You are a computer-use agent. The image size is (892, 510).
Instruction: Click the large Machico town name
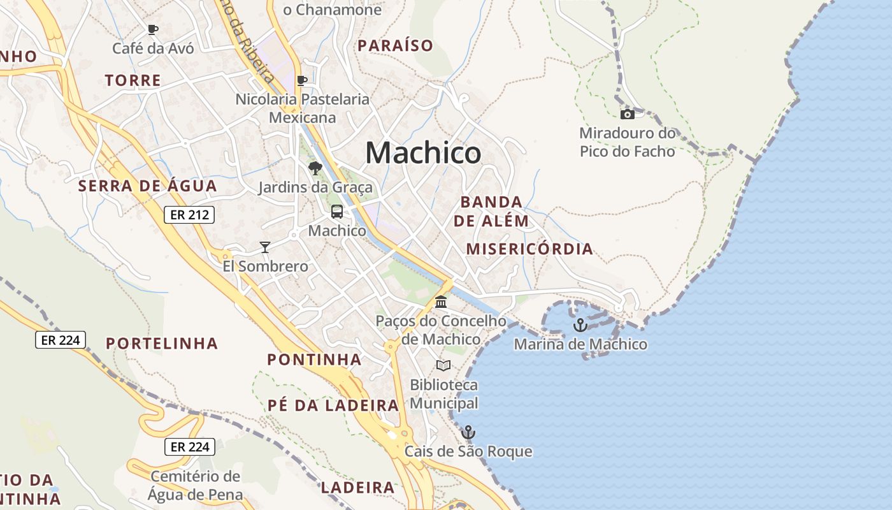click(x=423, y=153)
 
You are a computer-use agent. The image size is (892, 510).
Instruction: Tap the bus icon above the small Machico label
click(x=337, y=212)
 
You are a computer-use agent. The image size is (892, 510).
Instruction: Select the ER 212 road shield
click(x=190, y=215)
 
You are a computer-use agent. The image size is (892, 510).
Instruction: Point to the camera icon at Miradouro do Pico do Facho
click(x=628, y=114)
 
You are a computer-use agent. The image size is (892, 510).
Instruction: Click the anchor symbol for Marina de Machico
click(x=580, y=325)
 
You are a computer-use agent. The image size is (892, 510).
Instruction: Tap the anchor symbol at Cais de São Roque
click(x=468, y=432)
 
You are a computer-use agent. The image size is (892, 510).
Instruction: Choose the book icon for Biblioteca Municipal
click(x=443, y=365)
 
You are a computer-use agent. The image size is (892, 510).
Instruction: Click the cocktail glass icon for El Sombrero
click(x=265, y=247)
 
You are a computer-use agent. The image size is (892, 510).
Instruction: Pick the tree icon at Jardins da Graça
click(x=315, y=168)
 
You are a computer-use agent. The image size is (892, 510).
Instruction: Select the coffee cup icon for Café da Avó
click(x=153, y=29)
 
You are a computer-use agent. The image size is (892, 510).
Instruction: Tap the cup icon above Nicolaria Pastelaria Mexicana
click(x=303, y=80)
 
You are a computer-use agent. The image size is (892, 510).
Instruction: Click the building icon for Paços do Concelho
click(x=441, y=302)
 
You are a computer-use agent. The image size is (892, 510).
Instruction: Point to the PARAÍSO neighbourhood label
click(x=395, y=45)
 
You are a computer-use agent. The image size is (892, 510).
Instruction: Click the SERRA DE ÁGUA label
click(x=147, y=186)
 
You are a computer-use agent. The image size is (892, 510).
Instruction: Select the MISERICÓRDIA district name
click(x=529, y=249)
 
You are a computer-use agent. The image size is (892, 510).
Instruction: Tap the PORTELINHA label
click(x=162, y=344)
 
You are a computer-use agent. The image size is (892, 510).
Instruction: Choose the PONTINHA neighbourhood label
click(x=314, y=360)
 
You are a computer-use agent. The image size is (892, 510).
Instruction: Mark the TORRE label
click(x=133, y=80)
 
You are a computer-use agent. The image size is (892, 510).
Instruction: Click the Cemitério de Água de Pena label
click(x=196, y=485)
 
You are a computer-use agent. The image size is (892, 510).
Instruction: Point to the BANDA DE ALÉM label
click(x=494, y=212)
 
